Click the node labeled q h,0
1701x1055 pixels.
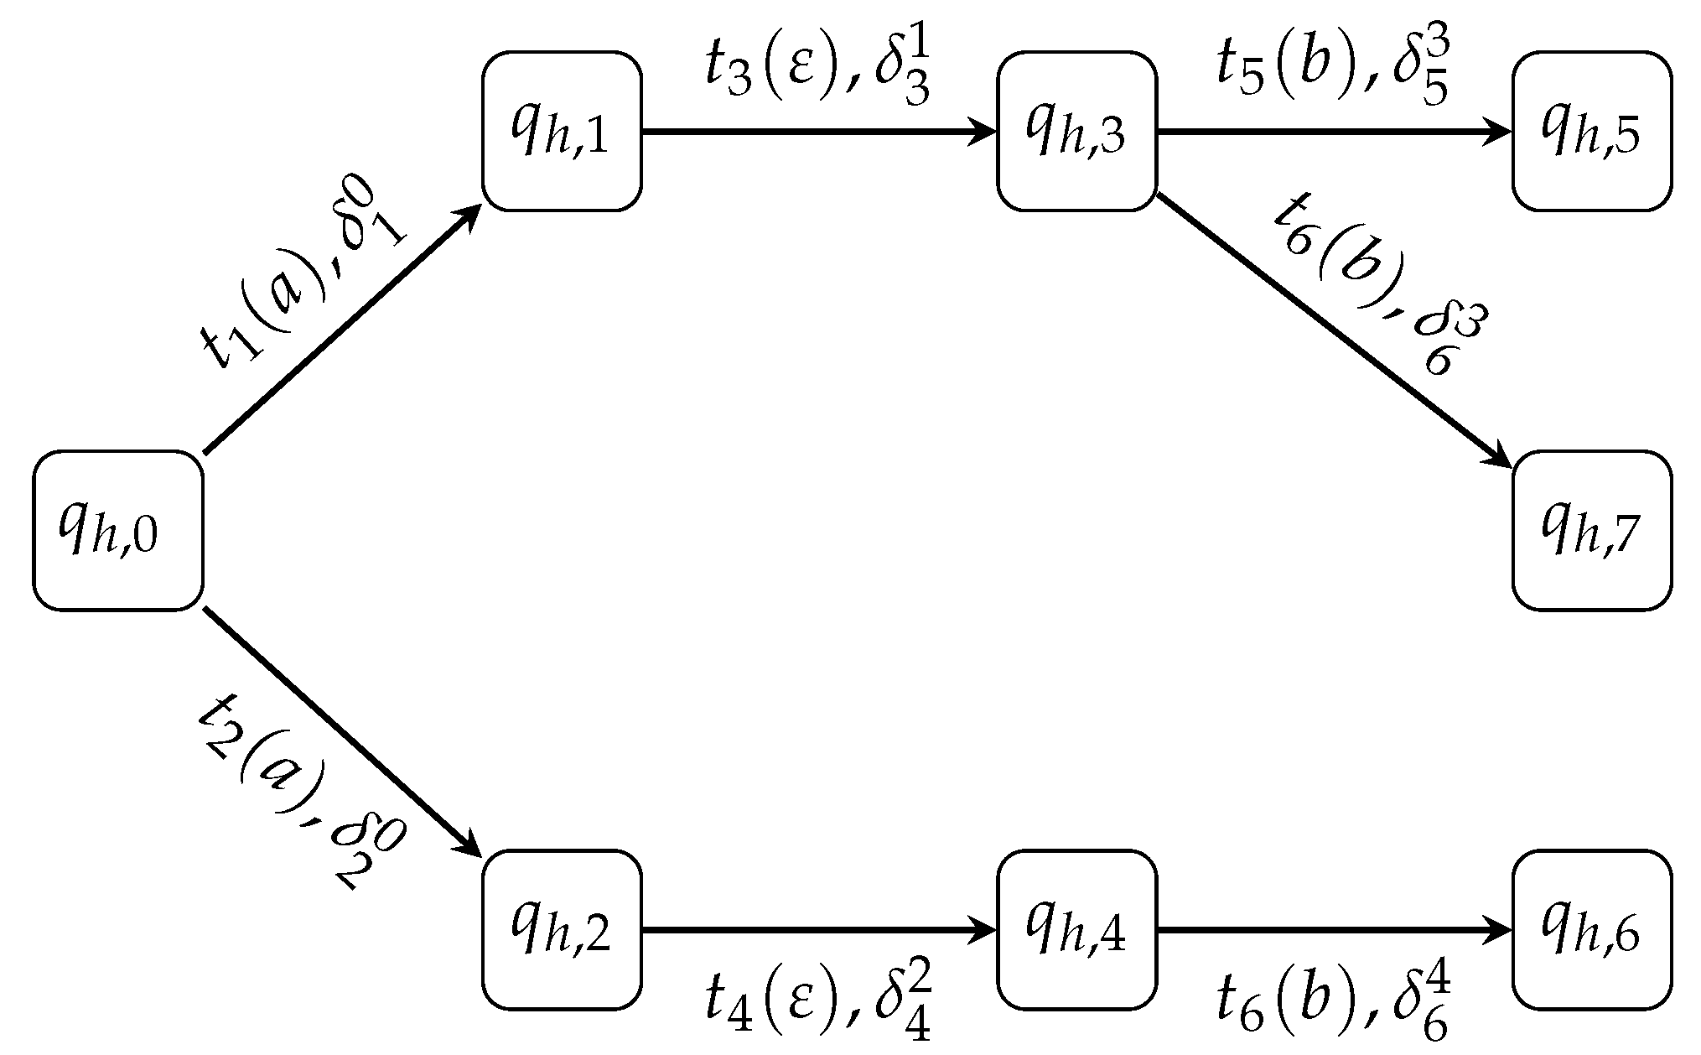click(x=117, y=530)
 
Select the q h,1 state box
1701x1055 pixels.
click(x=562, y=131)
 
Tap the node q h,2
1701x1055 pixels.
click(x=562, y=929)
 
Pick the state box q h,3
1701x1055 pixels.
click(x=1076, y=131)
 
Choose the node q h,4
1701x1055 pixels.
click(x=1076, y=929)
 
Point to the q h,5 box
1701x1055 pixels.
click(x=1591, y=131)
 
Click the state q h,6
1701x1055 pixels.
click(x=1591, y=929)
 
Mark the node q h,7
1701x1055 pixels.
click(x=1591, y=530)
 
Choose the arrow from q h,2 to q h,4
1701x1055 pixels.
click(x=818, y=930)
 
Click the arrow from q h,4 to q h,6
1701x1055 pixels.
click(x=1333, y=930)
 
